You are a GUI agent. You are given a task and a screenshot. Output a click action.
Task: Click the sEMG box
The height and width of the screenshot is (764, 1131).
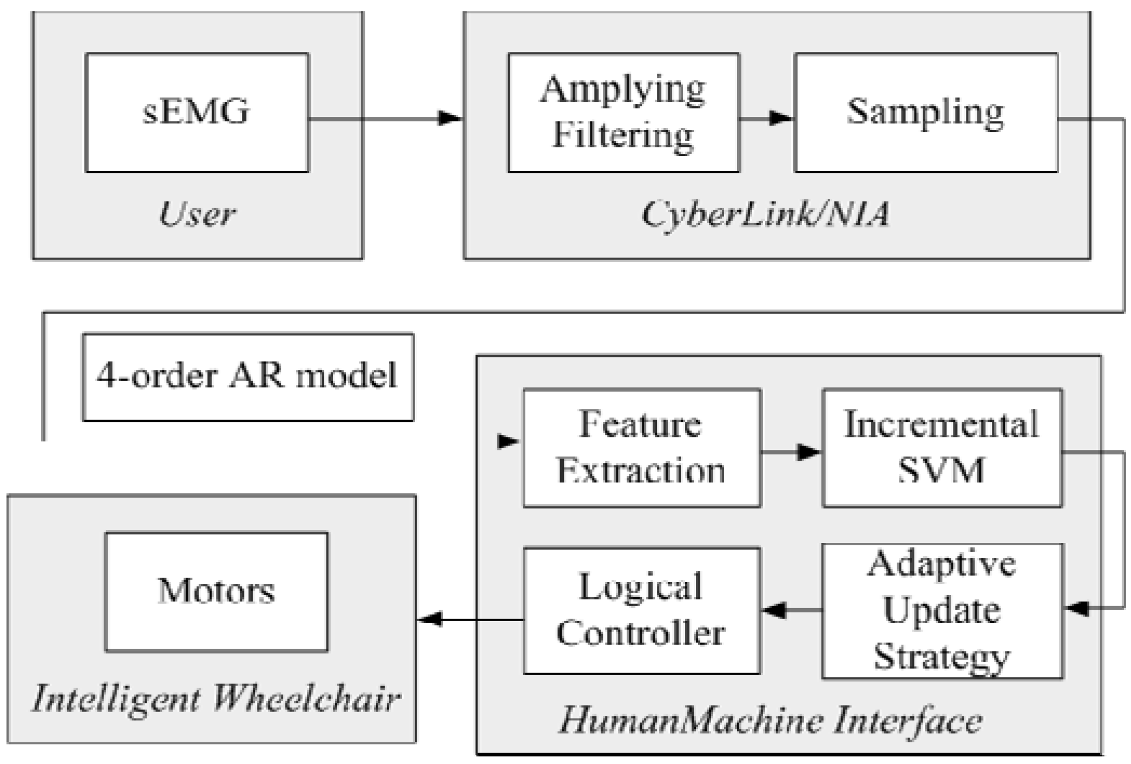tap(197, 113)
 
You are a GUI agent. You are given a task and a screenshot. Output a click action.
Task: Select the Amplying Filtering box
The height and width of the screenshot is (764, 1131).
tap(623, 113)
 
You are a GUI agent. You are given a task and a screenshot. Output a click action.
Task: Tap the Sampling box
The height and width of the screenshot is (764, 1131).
tap(926, 113)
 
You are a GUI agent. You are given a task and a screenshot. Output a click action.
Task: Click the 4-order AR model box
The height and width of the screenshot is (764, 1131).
tap(248, 377)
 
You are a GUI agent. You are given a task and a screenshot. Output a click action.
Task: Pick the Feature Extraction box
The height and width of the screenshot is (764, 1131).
tap(641, 448)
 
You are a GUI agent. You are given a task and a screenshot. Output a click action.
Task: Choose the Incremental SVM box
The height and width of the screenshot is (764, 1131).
tap(942, 448)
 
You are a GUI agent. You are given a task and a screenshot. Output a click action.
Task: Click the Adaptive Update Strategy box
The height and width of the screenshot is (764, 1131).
tap(942, 611)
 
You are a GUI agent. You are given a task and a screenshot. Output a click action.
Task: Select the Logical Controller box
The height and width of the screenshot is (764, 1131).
tap(641, 611)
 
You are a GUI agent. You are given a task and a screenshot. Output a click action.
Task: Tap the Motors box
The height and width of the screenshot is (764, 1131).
tap(216, 592)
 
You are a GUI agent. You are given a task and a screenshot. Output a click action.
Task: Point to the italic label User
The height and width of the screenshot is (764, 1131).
tap(197, 214)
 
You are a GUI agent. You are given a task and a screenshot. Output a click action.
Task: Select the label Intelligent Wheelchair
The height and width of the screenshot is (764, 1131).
tap(216, 698)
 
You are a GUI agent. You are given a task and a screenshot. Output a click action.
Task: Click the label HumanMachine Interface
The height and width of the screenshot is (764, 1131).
tap(770, 721)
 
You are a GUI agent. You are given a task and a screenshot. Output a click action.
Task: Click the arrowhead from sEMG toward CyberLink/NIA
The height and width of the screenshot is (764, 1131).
tap(450, 117)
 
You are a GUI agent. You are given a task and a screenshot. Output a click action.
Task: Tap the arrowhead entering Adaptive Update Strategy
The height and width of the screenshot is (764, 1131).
tap(1077, 608)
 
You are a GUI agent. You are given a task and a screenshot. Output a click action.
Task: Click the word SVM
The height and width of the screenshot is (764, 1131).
tap(942, 470)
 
